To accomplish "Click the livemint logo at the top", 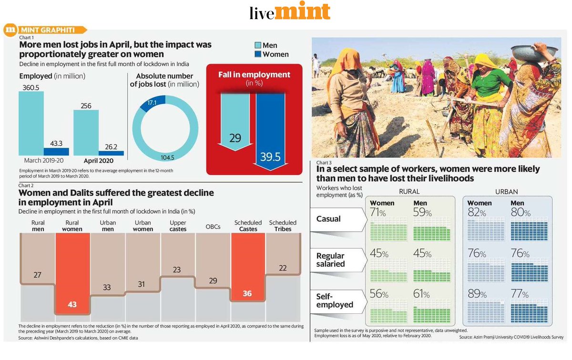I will pyautogui.click(x=289, y=11).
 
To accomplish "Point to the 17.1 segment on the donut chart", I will pyautogui.click(x=153, y=103).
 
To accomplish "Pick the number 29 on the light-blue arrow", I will pyautogui.click(x=235, y=138).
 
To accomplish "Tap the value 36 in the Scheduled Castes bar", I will pyautogui.click(x=247, y=293).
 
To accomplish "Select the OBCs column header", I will pyautogui.click(x=213, y=226).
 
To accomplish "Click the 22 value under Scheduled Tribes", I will pyautogui.click(x=283, y=268).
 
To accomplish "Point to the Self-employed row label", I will pyautogui.click(x=335, y=300).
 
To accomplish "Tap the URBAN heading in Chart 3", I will pyautogui.click(x=507, y=191).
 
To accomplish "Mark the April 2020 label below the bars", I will pyautogui.click(x=98, y=161).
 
